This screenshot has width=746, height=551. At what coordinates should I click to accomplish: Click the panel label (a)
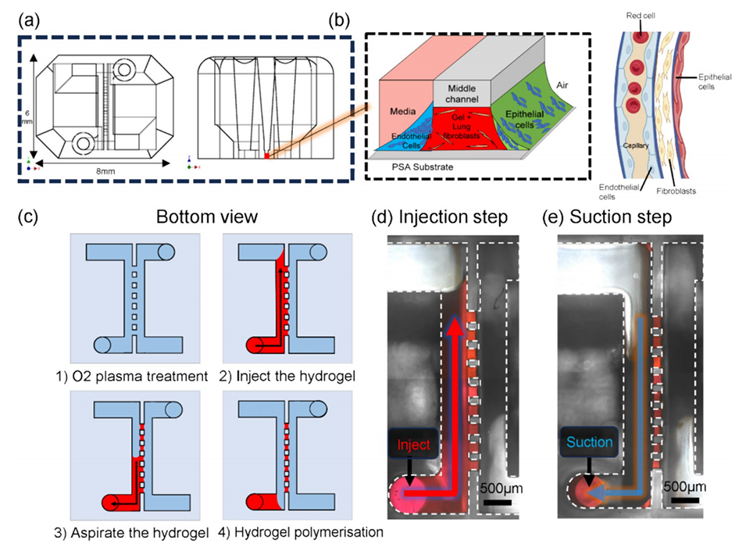click(x=29, y=21)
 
